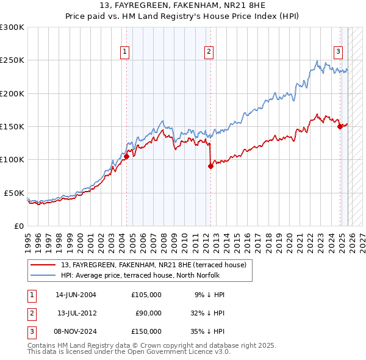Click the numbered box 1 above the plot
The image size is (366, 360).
124,52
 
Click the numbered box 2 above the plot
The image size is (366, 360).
209,52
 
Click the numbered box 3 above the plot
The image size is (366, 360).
337,52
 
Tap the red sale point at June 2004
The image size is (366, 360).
126,156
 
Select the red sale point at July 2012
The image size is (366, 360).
210,166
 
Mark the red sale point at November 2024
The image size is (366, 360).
340,126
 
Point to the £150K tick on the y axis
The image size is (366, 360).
13,126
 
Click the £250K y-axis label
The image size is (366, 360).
13,60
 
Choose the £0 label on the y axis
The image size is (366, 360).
18,226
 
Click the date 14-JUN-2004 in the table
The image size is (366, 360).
76,295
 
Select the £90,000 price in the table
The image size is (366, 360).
148,313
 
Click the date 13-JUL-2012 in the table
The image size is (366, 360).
76,313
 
